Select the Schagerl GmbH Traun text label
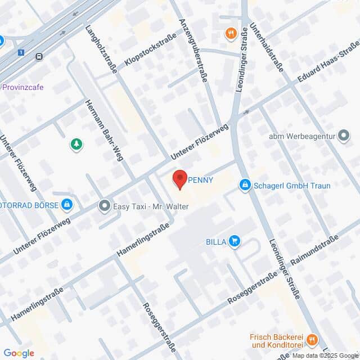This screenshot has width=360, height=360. click(x=292, y=185)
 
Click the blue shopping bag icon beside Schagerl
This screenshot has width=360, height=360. click(x=245, y=185)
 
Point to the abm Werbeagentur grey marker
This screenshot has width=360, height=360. click(x=344, y=136)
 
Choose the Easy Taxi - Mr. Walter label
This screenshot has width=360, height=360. click(x=150, y=206)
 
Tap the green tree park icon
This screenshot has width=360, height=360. click(x=76, y=145)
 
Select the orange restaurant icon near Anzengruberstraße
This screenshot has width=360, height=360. click(x=230, y=34)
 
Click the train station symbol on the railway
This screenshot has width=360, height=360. click(x=39, y=56)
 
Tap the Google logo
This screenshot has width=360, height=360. click(x=19, y=353)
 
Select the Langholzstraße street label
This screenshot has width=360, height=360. click(x=101, y=49)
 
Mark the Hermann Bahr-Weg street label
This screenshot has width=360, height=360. click(x=103, y=130)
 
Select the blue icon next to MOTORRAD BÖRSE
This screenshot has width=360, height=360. click(x=67, y=205)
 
